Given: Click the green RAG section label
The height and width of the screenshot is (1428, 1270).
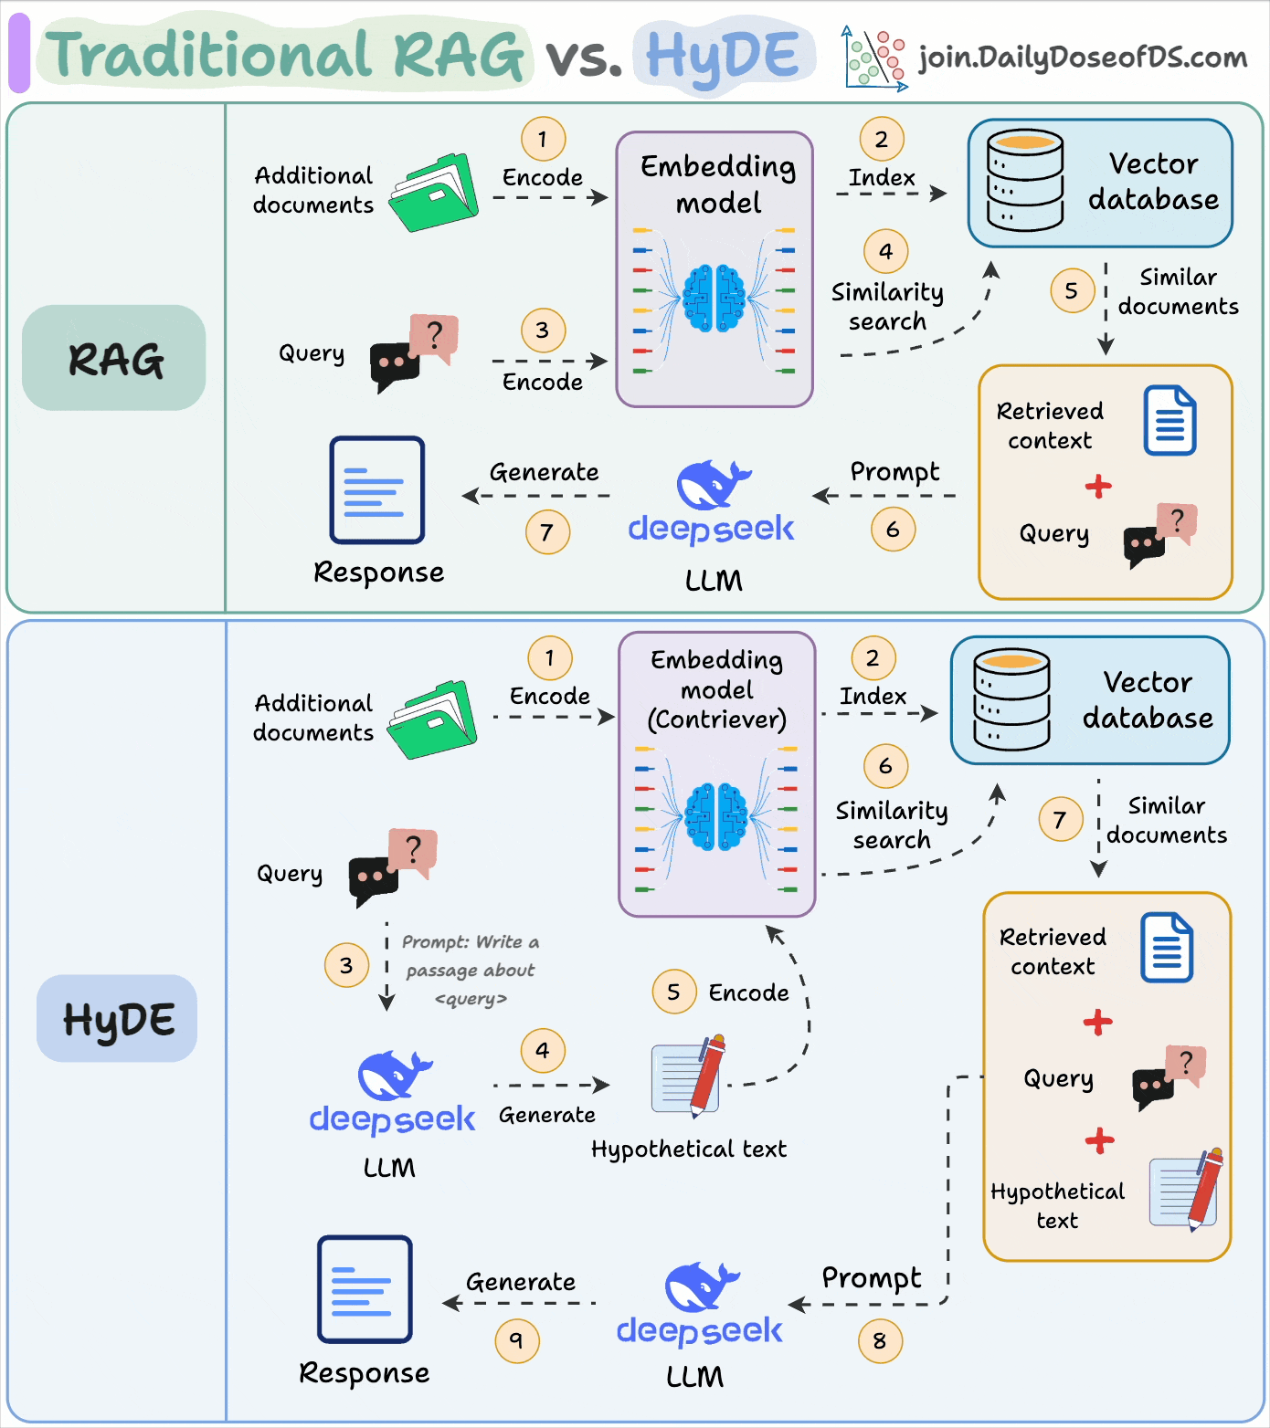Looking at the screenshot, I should tap(114, 358).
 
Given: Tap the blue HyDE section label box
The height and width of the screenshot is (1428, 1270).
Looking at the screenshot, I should tap(117, 1018).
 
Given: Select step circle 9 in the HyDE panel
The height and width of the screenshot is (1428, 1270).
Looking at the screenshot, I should tap(517, 1340).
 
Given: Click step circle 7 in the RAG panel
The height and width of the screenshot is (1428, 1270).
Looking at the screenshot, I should tap(547, 532).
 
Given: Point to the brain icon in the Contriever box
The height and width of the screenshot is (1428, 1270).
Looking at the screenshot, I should tap(716, 816).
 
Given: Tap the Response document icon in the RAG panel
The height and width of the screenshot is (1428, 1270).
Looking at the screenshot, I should tap(377, 490).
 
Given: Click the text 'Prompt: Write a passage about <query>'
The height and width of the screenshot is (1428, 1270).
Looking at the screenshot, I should tap(471, 970).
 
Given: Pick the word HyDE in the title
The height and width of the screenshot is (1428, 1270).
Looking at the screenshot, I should tap(723, 56).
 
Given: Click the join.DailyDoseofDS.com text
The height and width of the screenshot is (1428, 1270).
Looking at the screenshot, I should tap(1083, 58).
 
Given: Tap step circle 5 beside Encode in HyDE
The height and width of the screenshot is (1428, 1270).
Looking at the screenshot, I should tap(674, 992).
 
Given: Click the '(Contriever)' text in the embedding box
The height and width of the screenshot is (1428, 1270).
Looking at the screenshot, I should tap(717, 719).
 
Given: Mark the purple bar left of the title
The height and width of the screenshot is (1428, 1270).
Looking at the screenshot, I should tap(19, 53).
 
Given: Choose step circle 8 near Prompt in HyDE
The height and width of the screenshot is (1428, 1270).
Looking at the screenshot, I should tap(880, 1341).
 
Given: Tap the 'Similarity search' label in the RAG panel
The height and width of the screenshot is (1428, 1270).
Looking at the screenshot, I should tap(887, 307).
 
